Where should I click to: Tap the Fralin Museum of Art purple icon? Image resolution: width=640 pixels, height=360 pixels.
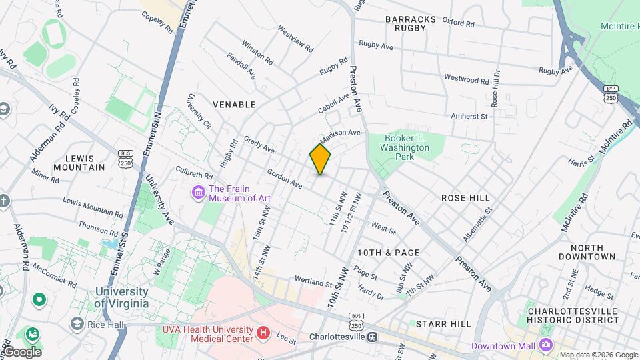point(198,193)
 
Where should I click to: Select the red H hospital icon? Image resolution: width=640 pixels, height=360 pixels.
point(264,332)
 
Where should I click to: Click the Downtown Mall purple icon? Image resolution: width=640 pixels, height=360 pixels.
point(546,345)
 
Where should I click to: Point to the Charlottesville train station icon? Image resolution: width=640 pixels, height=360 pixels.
point(374,337)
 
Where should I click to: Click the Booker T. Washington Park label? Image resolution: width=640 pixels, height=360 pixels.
point(405,147)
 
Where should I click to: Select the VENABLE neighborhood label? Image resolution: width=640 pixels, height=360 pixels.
point(234,105)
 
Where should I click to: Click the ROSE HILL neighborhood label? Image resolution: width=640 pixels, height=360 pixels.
point(465,198)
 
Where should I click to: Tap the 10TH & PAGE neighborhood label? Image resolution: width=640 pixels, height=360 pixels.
point(389,253)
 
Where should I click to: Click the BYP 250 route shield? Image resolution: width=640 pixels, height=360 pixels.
point(611,93)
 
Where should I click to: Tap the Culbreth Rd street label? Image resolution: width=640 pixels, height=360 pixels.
point(194,173)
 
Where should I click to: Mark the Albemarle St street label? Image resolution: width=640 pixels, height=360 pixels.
point(477,225)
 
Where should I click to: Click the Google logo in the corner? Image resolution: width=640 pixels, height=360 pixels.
point(21,351)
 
